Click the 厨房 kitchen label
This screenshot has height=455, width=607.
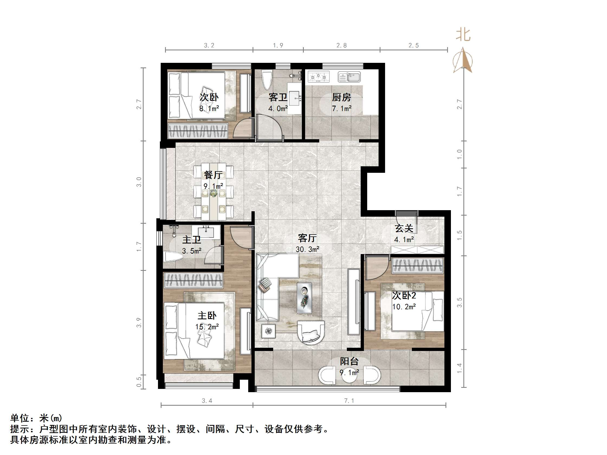[x=341, y=97]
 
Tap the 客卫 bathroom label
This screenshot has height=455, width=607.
[x=278, y=97]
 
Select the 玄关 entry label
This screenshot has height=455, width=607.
[x=404, y=229]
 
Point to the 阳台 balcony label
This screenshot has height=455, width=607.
[x=349, y=361]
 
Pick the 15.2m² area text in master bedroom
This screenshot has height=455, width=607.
[x=207, y=327]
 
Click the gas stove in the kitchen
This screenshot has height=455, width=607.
[x=318, y=77]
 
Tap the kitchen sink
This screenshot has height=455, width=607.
[x=349, y=77]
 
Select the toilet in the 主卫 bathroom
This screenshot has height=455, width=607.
[x=173, y=257]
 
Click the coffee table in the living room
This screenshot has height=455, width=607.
[x=304, y=298]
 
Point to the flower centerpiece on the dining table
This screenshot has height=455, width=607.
[x=213, y=194]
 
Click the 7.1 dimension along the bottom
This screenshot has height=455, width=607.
[x=349, y=401]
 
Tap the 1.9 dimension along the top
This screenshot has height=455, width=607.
[x=278, y=45]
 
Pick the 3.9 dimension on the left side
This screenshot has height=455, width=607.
[x=139, y=322]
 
